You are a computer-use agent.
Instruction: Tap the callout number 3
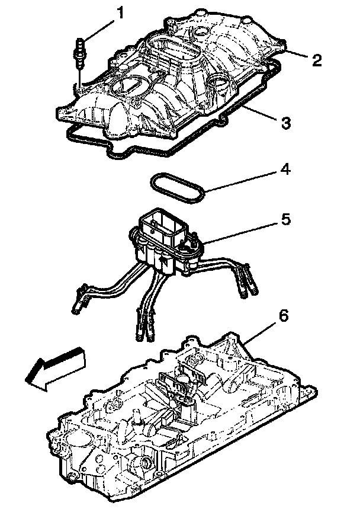coord(285,123)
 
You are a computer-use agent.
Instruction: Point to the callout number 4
coord(285,171)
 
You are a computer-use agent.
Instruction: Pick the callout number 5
coord(285,219)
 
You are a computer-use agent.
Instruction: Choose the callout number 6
coord(284,316)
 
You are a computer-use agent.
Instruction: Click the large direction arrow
coord(56,370)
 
